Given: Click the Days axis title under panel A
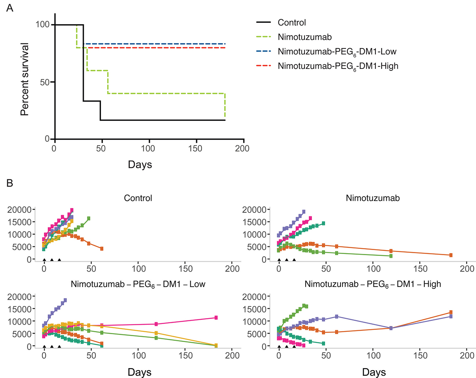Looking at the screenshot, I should click(x=140, y=164).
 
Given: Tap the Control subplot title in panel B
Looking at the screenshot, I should click(x=138, y=198).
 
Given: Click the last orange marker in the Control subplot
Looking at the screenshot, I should click(x=101, y=248).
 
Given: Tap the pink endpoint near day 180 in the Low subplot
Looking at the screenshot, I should click(x=216, y=318).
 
